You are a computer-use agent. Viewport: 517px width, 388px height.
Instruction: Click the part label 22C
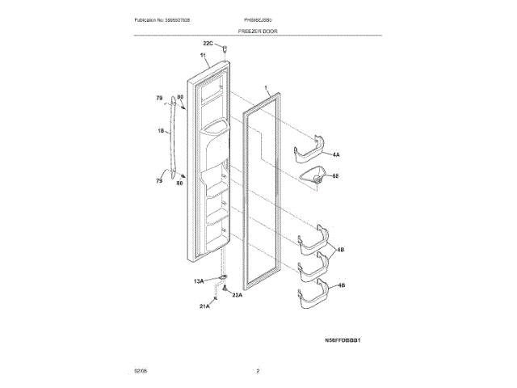[208, 43]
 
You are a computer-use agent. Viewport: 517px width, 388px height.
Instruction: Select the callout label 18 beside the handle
[161, 130]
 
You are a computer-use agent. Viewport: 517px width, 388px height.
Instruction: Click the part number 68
[336, 175]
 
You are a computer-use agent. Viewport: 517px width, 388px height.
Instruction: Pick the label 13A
[199, 280]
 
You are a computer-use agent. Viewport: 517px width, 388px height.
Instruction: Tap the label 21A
[205, 306]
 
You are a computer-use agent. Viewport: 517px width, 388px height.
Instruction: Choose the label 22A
[237, 295]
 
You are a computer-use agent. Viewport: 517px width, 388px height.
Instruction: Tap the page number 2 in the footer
[258, 371]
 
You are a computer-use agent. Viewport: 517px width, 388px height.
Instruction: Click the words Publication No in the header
[150, 19]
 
